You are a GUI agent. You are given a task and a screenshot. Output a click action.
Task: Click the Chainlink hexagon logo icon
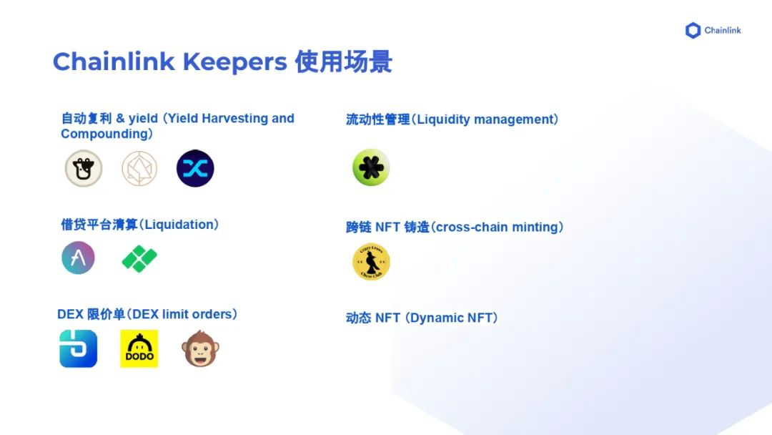(693, 31)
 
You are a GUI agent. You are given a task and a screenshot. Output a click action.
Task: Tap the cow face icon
(84, 169)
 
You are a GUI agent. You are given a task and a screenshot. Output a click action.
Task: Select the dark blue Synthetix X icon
(195, 169)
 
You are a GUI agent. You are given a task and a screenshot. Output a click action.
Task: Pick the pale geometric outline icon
(139, 169)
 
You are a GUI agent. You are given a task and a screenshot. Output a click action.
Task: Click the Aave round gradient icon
(78, 258)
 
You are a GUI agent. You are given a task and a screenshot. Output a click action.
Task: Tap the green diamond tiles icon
(139, 258)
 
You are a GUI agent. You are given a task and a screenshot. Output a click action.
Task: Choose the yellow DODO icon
(139, 348)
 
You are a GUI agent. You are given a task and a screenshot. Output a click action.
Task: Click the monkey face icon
(200, 348)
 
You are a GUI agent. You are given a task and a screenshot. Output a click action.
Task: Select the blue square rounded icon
(78, 348)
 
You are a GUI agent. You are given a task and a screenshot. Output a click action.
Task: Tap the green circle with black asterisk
(371, 167)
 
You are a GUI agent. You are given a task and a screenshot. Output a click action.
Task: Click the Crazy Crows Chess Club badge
(371, 262)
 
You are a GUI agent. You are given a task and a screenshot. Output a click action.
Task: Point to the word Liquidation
(179, 225)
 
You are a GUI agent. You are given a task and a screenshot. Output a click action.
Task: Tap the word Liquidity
(443, 119)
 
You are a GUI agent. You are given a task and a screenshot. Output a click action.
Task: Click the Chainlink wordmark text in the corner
(723, 31)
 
